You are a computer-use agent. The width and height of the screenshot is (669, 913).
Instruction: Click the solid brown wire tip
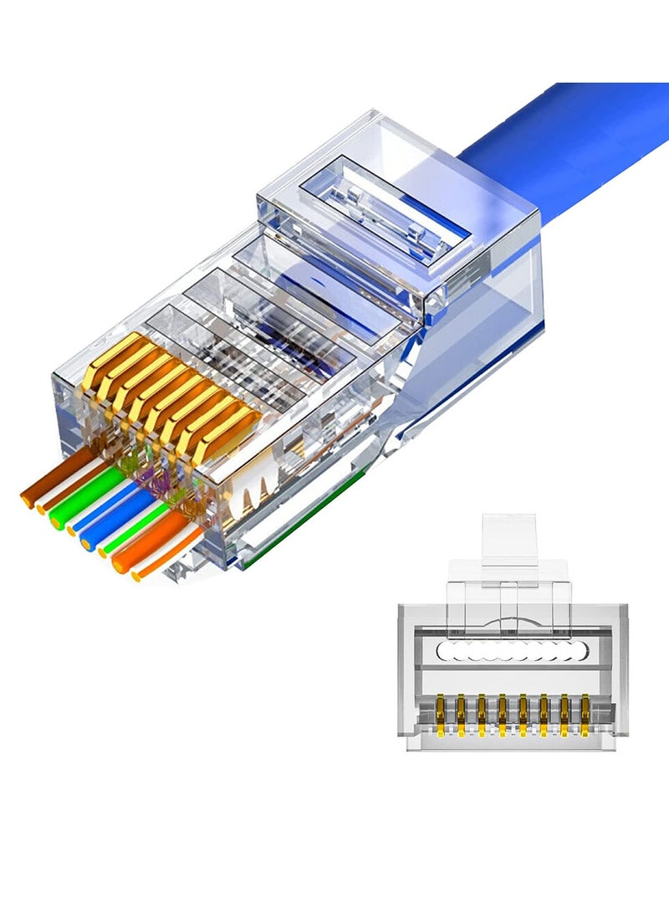[x=27, y=500]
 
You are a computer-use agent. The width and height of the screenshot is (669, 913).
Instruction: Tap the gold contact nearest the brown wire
[x=109, y=356]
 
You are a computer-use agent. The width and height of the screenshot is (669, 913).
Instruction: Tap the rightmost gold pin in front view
[x=585, y=711]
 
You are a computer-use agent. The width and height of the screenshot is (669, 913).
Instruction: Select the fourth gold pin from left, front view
[x=503, y=711]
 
